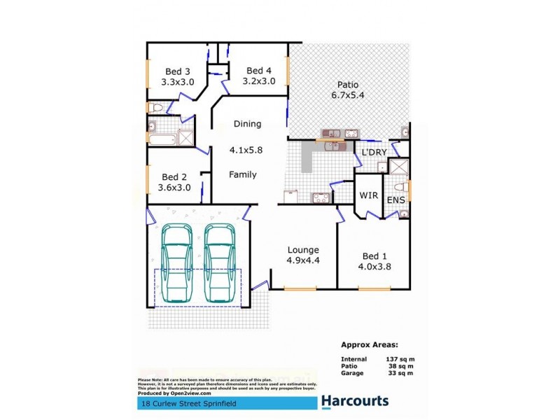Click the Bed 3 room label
(177, 71)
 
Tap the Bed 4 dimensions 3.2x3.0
(258, 80)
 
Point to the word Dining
(246, 124)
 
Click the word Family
(243, 175)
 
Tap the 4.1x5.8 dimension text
(246, 150)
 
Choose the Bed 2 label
(174, 178)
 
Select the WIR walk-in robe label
(369, 196)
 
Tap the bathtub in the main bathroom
(162, 139)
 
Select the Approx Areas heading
(370, 344)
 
